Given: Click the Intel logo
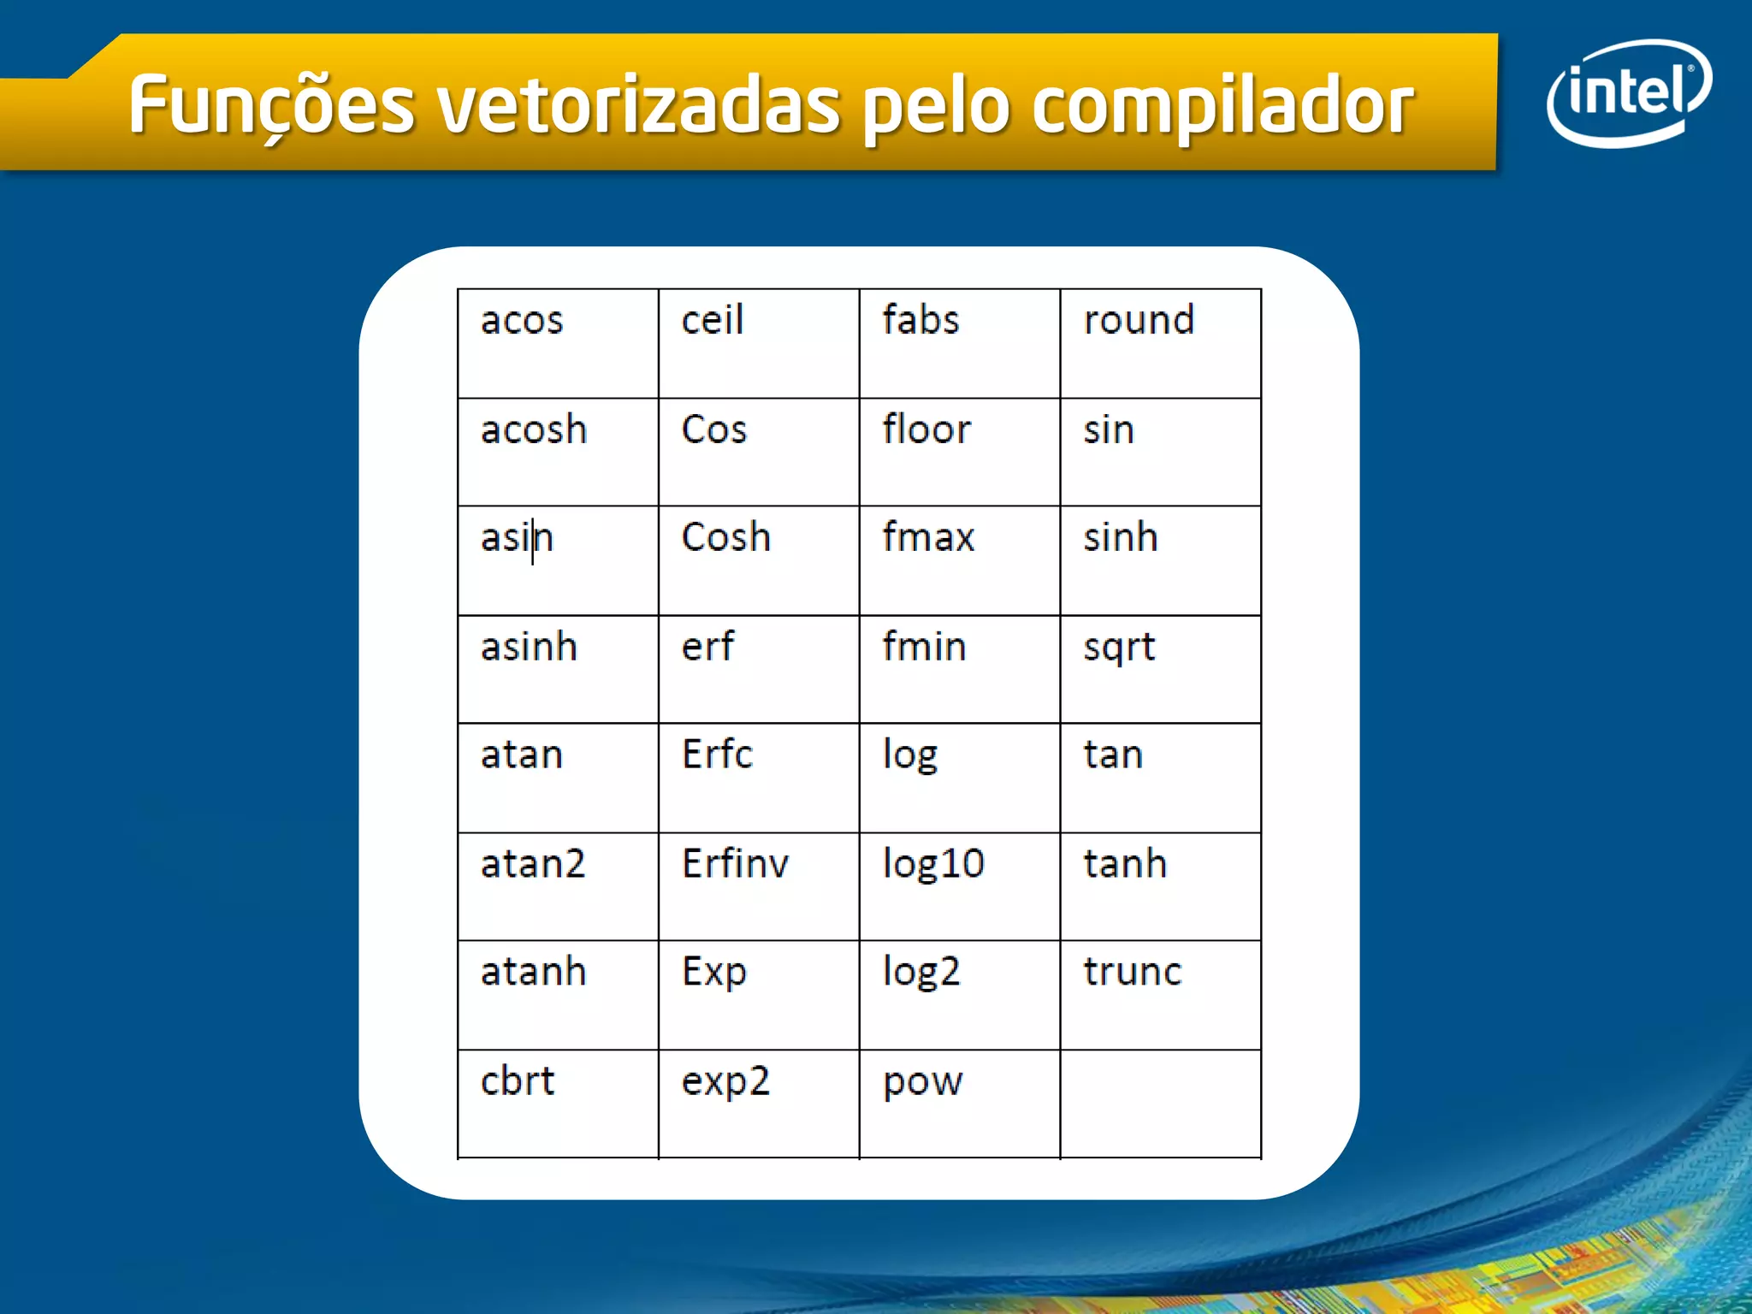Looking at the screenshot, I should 1629,92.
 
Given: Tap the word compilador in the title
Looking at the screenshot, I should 1222,106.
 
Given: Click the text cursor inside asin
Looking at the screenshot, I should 532,541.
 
